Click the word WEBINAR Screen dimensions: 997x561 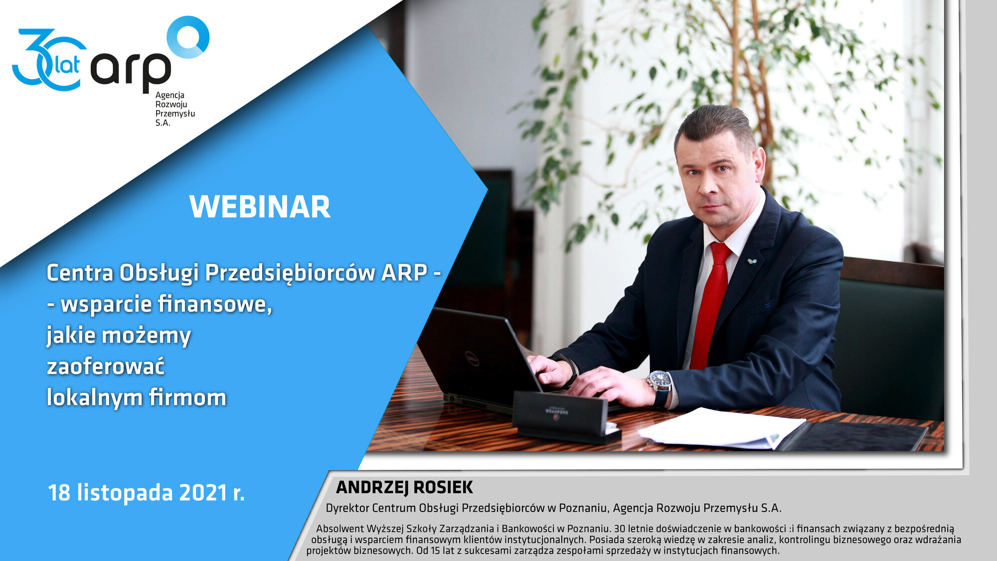[260, 207]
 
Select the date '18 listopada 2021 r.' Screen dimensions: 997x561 [146, 493]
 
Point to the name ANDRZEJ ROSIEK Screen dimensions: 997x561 [404, 487]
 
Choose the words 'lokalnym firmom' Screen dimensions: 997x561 [137, 397]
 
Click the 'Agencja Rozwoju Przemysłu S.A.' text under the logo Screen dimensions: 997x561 [175, 109]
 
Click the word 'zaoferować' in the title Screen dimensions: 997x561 [105, 367]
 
